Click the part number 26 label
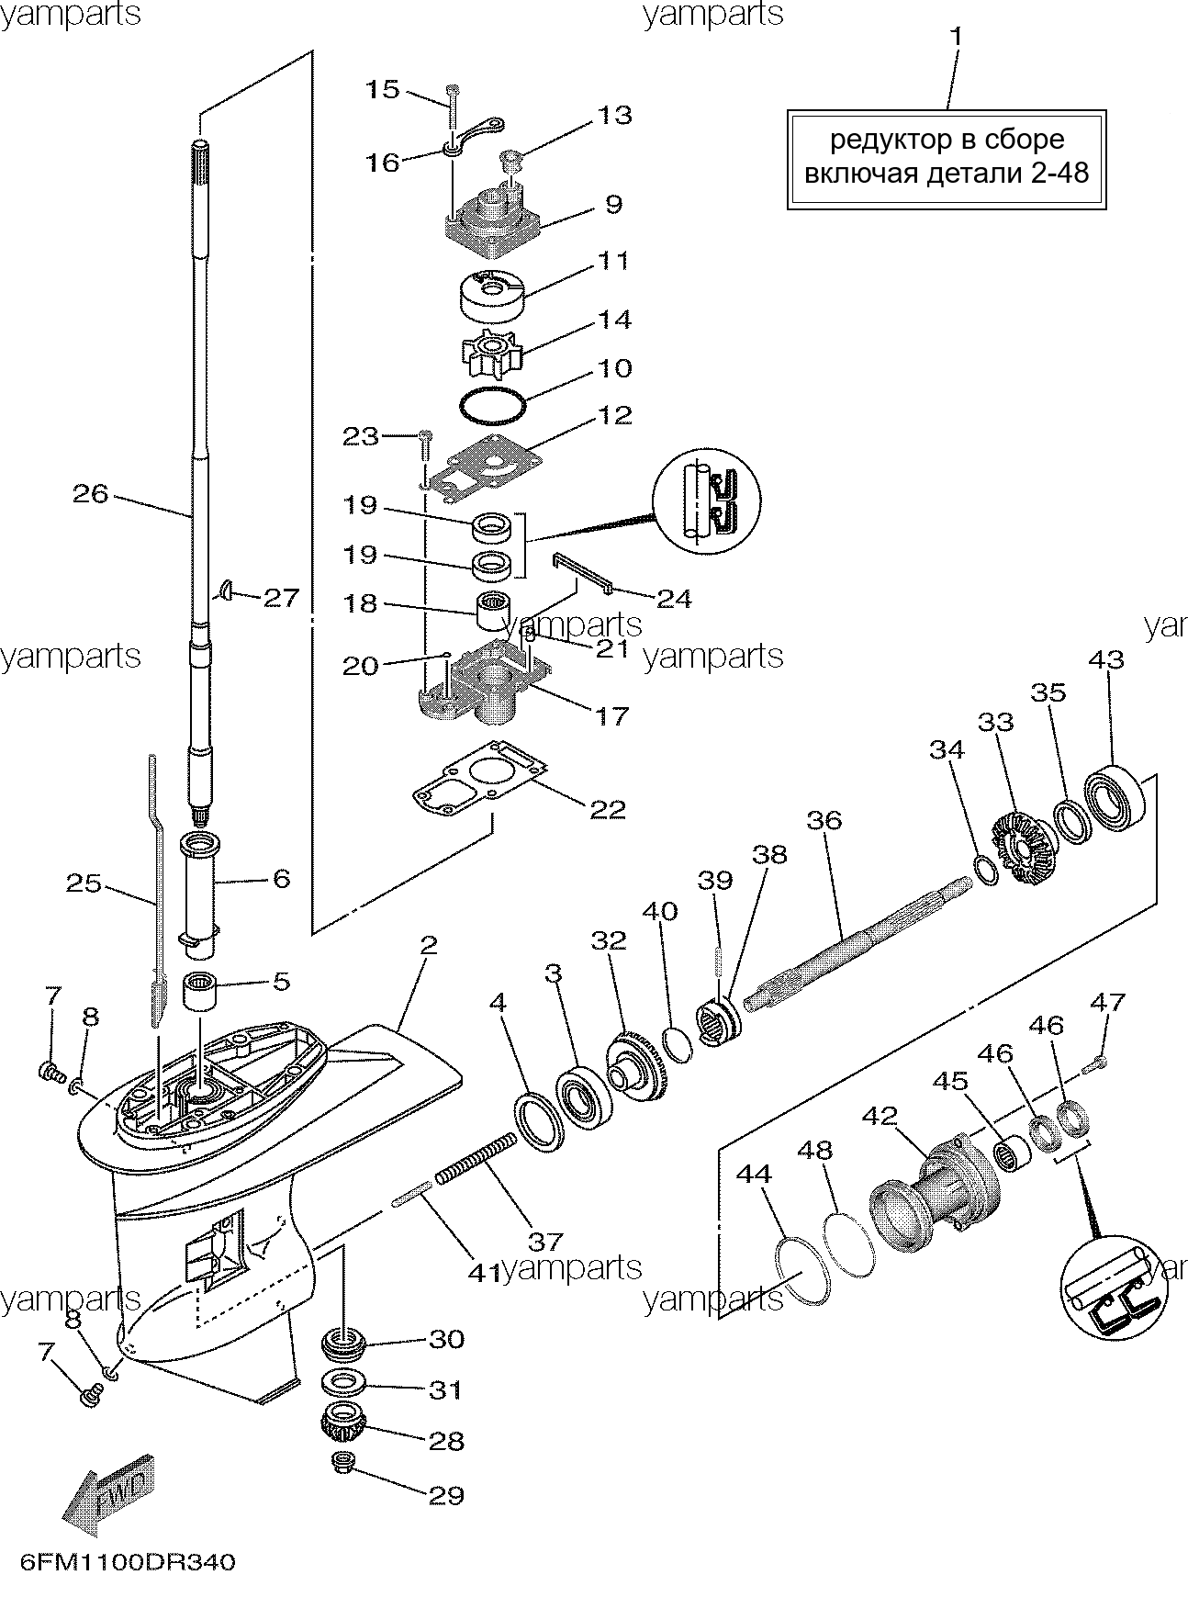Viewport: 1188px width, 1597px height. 91,494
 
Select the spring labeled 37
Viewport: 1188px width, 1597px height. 476,1160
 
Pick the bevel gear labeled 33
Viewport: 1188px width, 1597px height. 1021,846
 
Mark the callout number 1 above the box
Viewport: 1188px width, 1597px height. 956,38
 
